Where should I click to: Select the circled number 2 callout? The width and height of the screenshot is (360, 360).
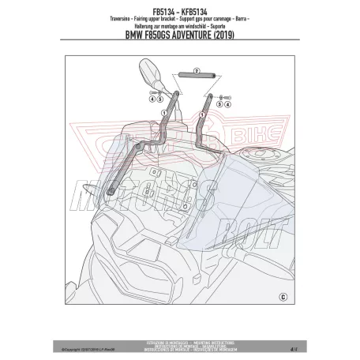(x=184, y=72)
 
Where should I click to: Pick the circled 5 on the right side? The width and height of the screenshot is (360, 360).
(x=223, y=94)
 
